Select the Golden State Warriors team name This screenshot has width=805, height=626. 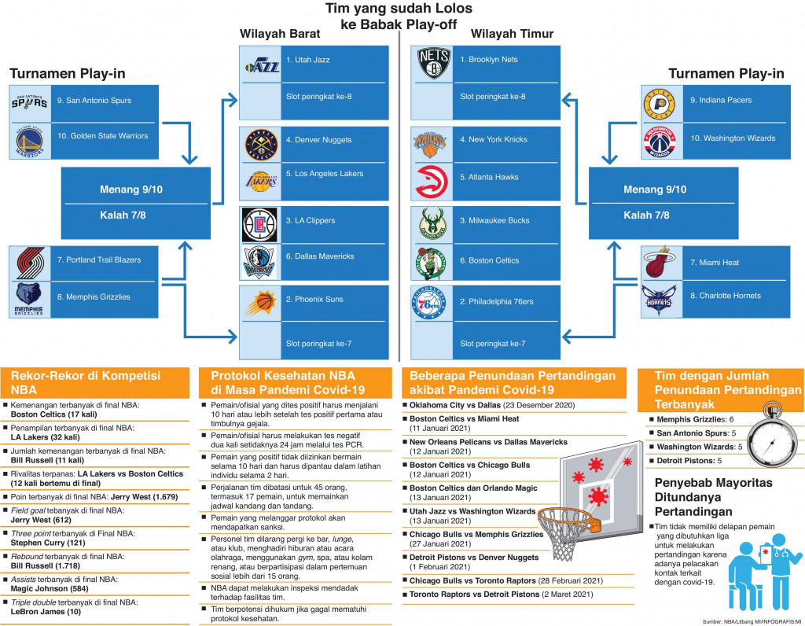click(102, 135)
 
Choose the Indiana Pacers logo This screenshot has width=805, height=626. click(659, 103)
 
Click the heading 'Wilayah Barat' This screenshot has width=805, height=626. click(280, 34)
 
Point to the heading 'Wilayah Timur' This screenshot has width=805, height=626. click(512, 34)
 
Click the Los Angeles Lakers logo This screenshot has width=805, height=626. click(261, 179)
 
